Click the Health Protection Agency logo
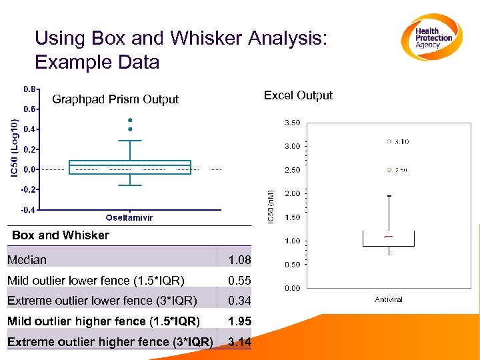[x=433, y=37]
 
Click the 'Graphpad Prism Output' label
[x=115, y=99]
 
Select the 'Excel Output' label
[x=298, y=95]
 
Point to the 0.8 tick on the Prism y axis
[x=30, y=88]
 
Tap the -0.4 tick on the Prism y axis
[x=29, y=210]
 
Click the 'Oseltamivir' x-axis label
[x=129, y=218]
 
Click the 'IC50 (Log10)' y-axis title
[x=14, y=148]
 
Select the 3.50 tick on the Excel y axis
[x=292, y=123]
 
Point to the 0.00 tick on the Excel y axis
[x=292, y=288]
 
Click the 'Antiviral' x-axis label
[x=389, y=300]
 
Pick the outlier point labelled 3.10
[x=389, y=141]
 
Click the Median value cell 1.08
[x=239, y=259]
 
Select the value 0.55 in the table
[x=239, y=280]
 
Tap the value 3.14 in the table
[x=239, y=342]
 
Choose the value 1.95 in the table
[x=239, y=321]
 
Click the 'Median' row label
[x=27, y=259]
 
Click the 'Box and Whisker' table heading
[x=61, y=235]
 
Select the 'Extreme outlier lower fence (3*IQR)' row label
[x=102, y=301]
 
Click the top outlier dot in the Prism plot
[x=130, y=120]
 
